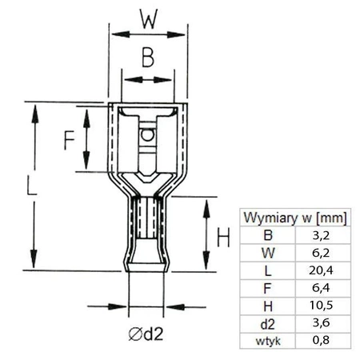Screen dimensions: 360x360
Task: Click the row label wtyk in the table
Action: click(267, 340)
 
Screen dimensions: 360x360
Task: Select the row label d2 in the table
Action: click(267, 323)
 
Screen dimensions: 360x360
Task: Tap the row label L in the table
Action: click(267, 270)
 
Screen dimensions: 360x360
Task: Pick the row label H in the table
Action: click(267, 306)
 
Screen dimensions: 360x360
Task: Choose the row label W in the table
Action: click(267, 253)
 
